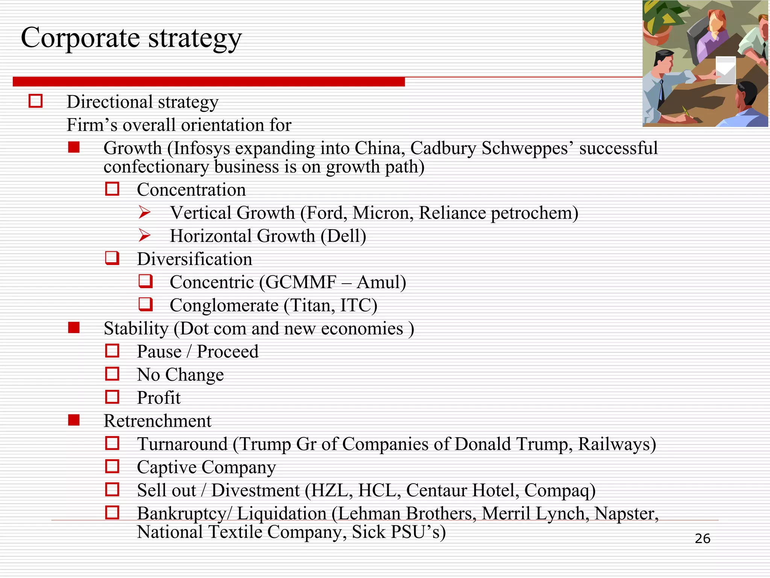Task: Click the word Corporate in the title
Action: point(80,38)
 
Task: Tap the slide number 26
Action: point(702,538)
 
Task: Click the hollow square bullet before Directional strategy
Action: point(36,101)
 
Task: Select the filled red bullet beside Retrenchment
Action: point(74,420)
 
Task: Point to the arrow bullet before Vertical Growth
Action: point(144,212)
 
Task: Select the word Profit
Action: point(159,398)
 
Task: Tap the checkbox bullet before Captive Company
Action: point(112,467)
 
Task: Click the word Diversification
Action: point(194,259)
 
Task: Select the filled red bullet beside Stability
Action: point(74,328)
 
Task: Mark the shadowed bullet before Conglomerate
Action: point(146,304)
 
